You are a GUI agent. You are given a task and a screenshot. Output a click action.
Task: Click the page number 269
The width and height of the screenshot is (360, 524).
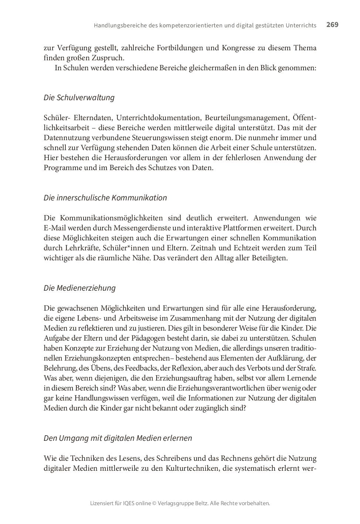[332, 25]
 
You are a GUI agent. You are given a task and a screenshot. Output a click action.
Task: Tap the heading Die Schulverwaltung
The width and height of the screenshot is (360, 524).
[79, 98]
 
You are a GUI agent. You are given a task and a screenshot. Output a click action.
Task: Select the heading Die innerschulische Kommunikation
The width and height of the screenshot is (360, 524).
[105, 198]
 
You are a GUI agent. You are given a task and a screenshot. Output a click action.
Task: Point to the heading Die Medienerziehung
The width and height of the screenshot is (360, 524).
[79, 288]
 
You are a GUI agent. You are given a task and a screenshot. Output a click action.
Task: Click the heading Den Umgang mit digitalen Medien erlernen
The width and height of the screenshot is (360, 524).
[118, 438]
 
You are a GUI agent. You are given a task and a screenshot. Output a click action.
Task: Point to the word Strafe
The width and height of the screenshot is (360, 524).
[306, 368]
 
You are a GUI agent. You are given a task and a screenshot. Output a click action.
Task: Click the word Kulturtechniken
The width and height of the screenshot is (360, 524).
[190, 469]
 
